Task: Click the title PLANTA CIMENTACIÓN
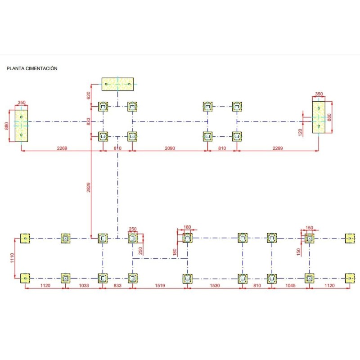31,69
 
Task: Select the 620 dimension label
89,95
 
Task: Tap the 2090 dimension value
170,148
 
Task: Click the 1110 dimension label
13,258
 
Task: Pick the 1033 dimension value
84,286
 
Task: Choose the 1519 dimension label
160,286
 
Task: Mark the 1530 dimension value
214,286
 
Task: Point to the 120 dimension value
300,132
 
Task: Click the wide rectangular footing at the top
117,84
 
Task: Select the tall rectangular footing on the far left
21,126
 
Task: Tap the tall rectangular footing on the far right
319,117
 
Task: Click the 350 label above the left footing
21,103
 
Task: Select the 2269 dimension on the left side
63,148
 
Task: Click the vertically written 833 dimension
89,121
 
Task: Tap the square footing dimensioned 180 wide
187,238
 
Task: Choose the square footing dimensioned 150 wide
309,238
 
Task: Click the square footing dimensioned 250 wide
132,238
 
